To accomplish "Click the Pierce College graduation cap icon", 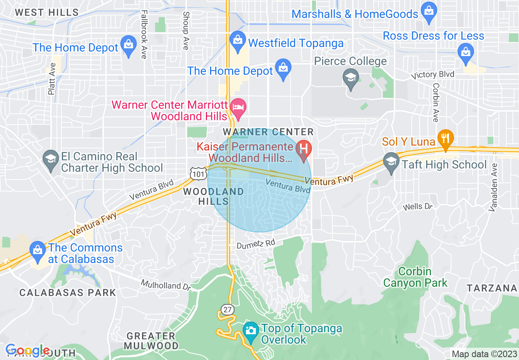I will coord(351,77).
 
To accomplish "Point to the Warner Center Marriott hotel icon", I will coord(238,107).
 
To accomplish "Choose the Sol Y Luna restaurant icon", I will coord(445,138).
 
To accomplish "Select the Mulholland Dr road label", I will coord(166,285).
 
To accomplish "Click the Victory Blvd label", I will coord(433,75).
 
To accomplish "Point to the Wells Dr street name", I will coord(417,207).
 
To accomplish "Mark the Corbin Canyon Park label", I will coord(415,277).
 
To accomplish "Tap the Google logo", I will coord(27,351).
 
